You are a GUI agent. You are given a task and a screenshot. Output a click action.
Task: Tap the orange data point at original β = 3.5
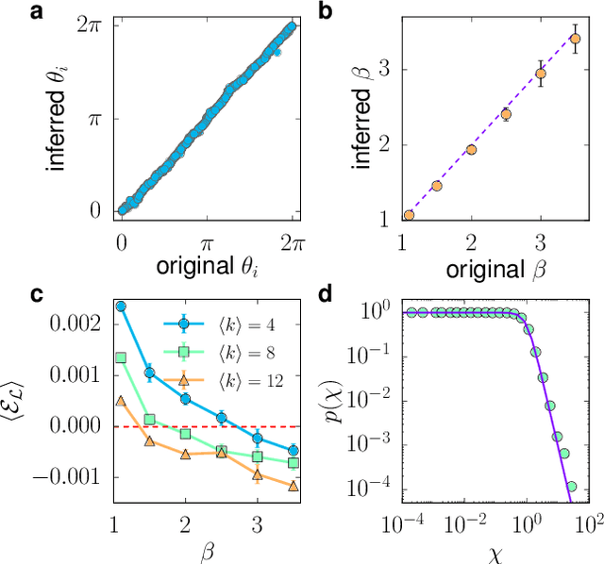coord(575,39)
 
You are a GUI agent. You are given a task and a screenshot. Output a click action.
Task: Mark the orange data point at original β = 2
coord(471,149)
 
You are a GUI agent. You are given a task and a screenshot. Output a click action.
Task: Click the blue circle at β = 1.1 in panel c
coord(121,307)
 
